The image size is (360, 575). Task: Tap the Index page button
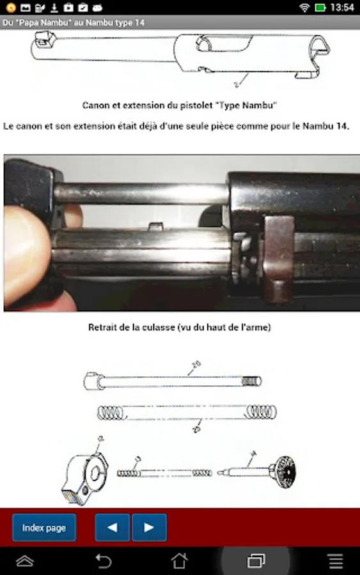(x=44, y=527)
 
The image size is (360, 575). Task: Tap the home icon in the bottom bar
(x=180, y=560)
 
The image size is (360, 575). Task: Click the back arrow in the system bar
(x=104, y=561)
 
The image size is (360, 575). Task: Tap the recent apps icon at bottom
(x=256, y=561)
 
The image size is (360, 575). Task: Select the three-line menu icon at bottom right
(x=336, y=561)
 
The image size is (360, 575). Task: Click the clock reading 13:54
(x=342, y=7)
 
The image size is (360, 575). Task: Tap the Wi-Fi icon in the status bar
(x=304, y=7)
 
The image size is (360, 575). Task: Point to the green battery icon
(x=320, y=7)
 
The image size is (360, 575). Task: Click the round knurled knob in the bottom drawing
(x=285, y=471)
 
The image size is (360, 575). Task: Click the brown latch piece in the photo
(x=279, y=256)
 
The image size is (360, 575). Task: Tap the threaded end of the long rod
(x=251, y=382)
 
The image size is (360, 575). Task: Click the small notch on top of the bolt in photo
(x=155, y=226)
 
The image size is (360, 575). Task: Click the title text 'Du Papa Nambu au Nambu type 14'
(x=74, y=23)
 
